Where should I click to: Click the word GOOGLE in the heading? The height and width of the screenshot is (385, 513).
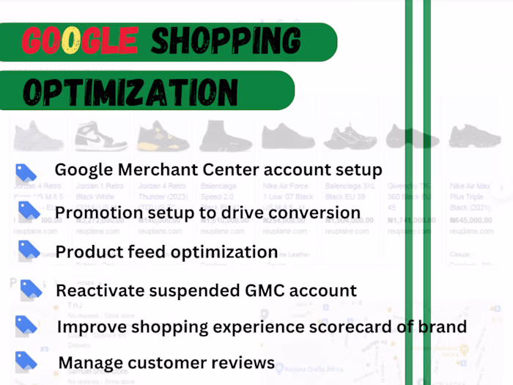point(80,41)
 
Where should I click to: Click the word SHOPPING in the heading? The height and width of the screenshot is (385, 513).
point(226,41)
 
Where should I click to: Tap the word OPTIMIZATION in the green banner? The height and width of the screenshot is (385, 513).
point(130,91)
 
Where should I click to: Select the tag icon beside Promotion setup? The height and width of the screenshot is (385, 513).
point(29,211)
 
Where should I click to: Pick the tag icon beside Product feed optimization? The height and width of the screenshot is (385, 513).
point(29,250)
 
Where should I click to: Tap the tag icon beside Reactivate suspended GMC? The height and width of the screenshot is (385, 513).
point(31,288)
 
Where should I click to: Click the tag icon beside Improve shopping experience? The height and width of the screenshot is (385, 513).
point(26,324)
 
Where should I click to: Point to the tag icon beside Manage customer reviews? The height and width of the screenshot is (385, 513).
point(26,360)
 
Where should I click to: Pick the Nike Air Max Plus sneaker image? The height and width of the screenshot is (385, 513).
point(474,136)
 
